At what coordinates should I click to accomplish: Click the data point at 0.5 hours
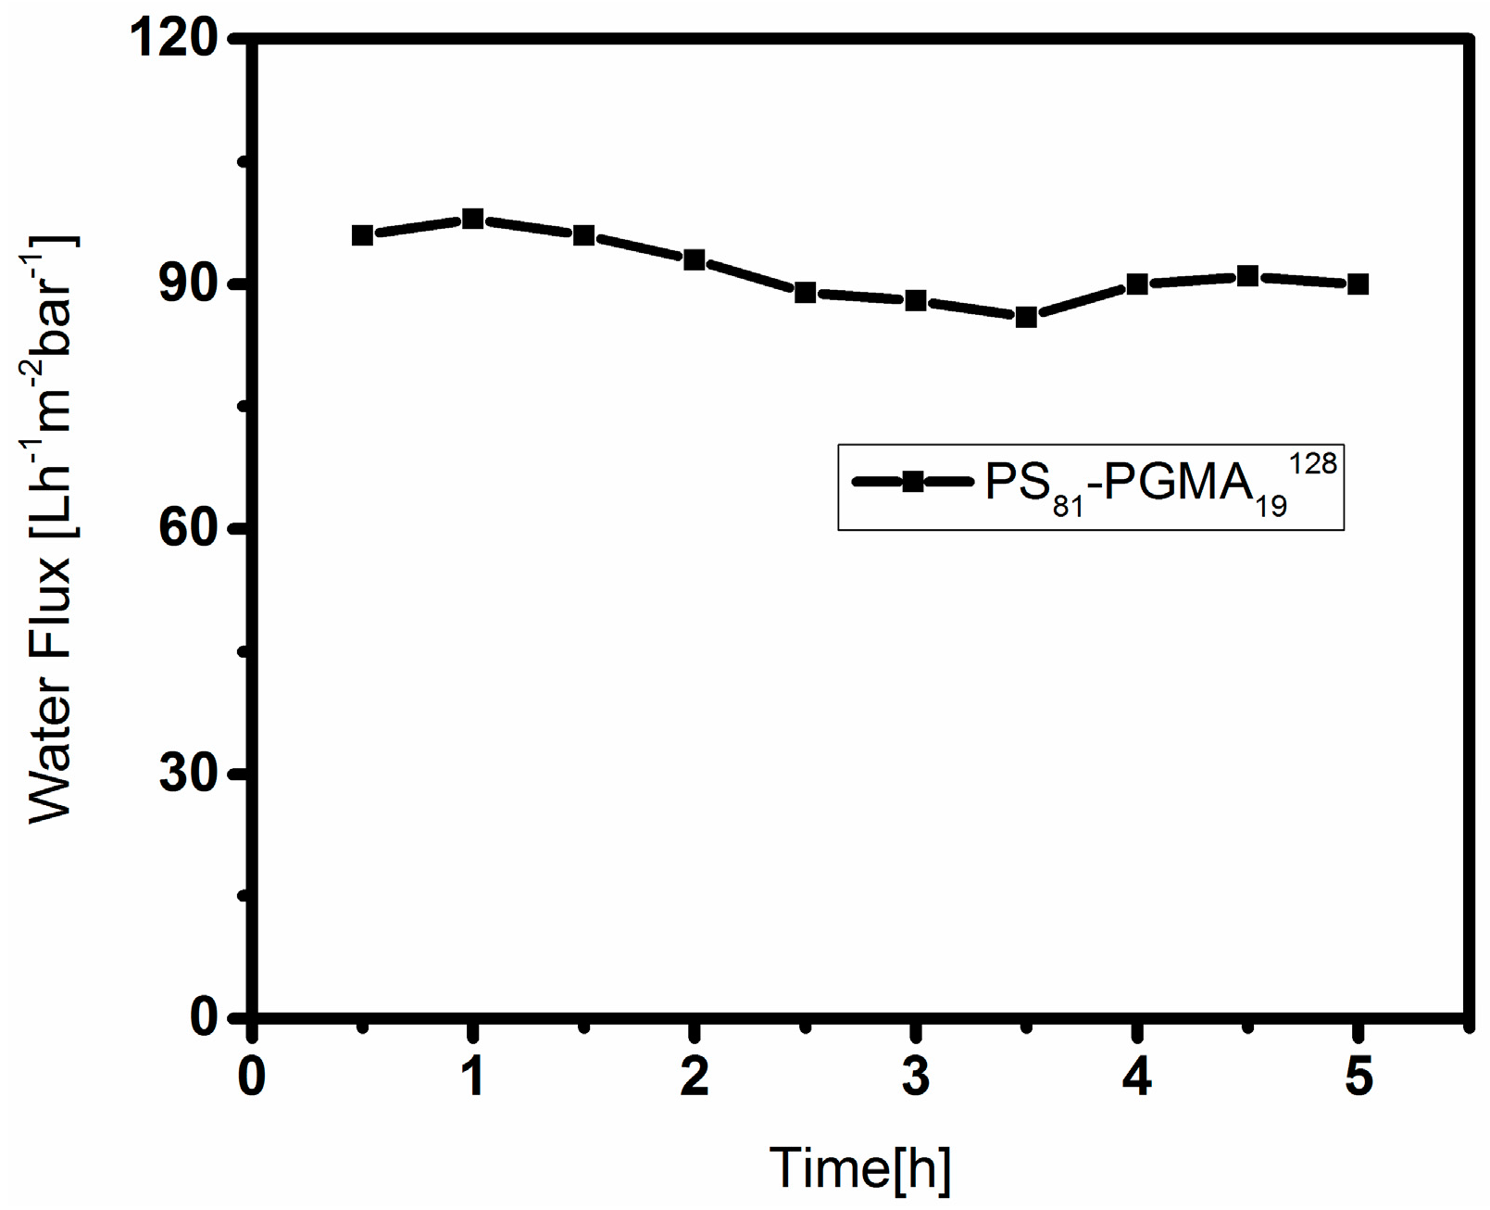[362, 235]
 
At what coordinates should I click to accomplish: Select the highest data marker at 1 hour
[472, 220]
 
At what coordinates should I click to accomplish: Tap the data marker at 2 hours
[694, 259]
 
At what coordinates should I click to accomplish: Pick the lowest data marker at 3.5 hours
[1026, 317]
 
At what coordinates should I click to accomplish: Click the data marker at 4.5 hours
[1247, 276]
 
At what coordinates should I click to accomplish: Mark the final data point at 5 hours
[1358, 284]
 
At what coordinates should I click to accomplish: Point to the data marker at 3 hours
[916, 300]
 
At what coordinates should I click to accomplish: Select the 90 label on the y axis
[188, 284]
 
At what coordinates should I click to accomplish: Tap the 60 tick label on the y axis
[188, 529]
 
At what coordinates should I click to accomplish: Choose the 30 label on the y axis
[188, 774]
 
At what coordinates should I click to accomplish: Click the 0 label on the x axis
[251, 1078]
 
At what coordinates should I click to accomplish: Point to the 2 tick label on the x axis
[694, 1078]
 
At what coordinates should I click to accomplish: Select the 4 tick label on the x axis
[1137, 1078]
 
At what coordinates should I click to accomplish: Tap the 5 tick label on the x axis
[1358, 1078]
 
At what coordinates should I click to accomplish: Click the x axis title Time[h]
[860, 1167]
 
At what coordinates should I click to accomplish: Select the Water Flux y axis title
[51, 528]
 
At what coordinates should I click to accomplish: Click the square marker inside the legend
[913, 482]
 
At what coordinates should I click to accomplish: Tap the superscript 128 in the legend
[1312, 463]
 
